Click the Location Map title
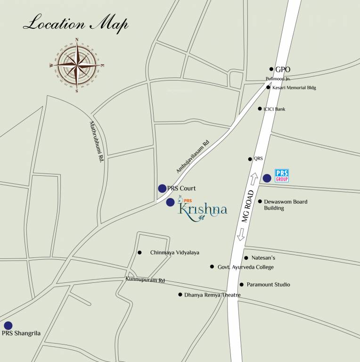tap(75, 24)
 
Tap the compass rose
tap(76, 64)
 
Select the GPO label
tap(283, 69)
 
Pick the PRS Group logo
tap(281, 176)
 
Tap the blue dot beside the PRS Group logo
tap(267, 178)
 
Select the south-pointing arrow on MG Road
tap(241, 234)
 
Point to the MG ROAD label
tap(248, 206)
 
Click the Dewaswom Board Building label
tap(286, 205)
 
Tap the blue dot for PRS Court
tap(162, 189)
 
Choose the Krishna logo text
tap(203, 209)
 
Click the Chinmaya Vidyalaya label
tap(174, 253)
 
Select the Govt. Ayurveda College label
tap(245, 267)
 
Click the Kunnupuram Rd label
tap(145, 280)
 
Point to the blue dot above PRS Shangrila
tap(8, 325)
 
